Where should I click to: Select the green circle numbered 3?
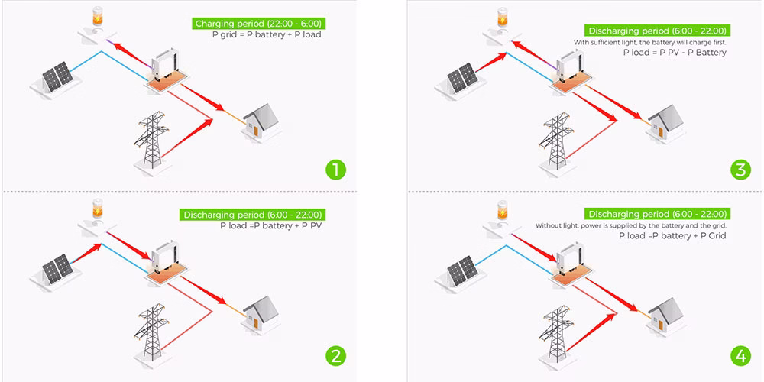pyautogui.click(x=739, y=169)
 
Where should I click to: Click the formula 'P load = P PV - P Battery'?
pyautogui.click(x=675, y=53)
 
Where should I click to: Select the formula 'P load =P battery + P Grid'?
pyautogui.click(x=672, y=236)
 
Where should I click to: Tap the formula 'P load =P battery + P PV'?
pyautogui.click(x=267, y=226)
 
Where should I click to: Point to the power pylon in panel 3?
pyautogui.click(x=555, y=140)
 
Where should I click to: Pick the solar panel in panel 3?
pyautogui.click(x=463, y=78)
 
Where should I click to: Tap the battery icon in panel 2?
pyautogui.click(x=97, y=209)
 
